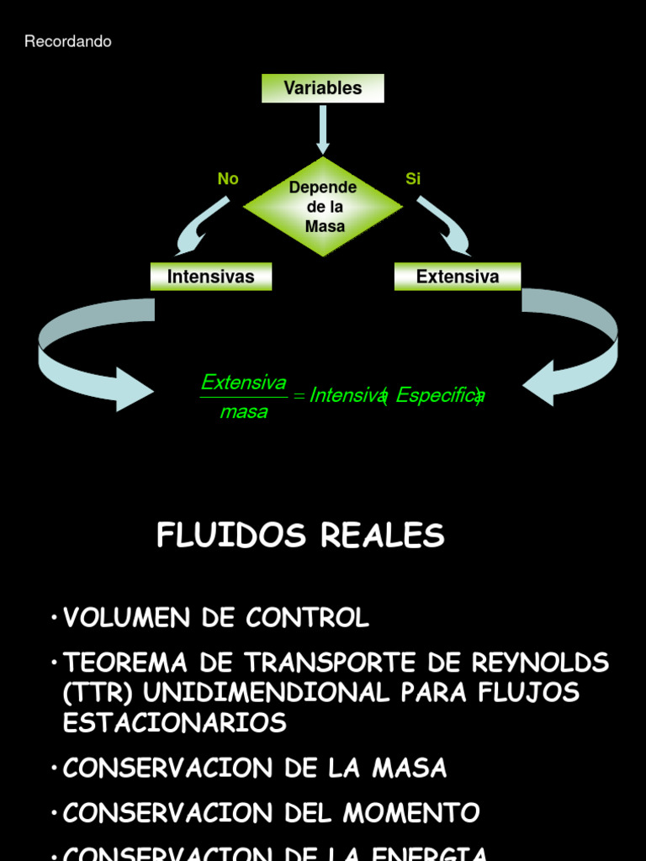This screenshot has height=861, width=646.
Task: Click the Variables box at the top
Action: [323, 88]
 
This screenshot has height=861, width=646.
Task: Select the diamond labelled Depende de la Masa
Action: [323, 206]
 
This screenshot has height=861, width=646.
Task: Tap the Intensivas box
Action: [211, 277]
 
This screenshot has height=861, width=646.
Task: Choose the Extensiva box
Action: [458, 277]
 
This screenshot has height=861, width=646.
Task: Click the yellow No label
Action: [228, 179]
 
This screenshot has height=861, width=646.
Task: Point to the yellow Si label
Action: [413, 179]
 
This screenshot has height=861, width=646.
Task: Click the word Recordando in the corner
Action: [68, 42]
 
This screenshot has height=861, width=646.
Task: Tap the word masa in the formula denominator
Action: [244, 412]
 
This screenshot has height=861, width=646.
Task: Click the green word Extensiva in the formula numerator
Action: [244, 383]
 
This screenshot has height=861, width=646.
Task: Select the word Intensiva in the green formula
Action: [347, 395]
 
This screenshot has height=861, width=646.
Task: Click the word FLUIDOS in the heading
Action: [222, 536]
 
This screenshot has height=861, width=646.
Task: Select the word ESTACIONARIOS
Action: [175, 722]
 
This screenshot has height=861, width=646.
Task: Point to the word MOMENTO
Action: [417, 813]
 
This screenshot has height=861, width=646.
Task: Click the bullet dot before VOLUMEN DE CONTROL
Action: [53, 618]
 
